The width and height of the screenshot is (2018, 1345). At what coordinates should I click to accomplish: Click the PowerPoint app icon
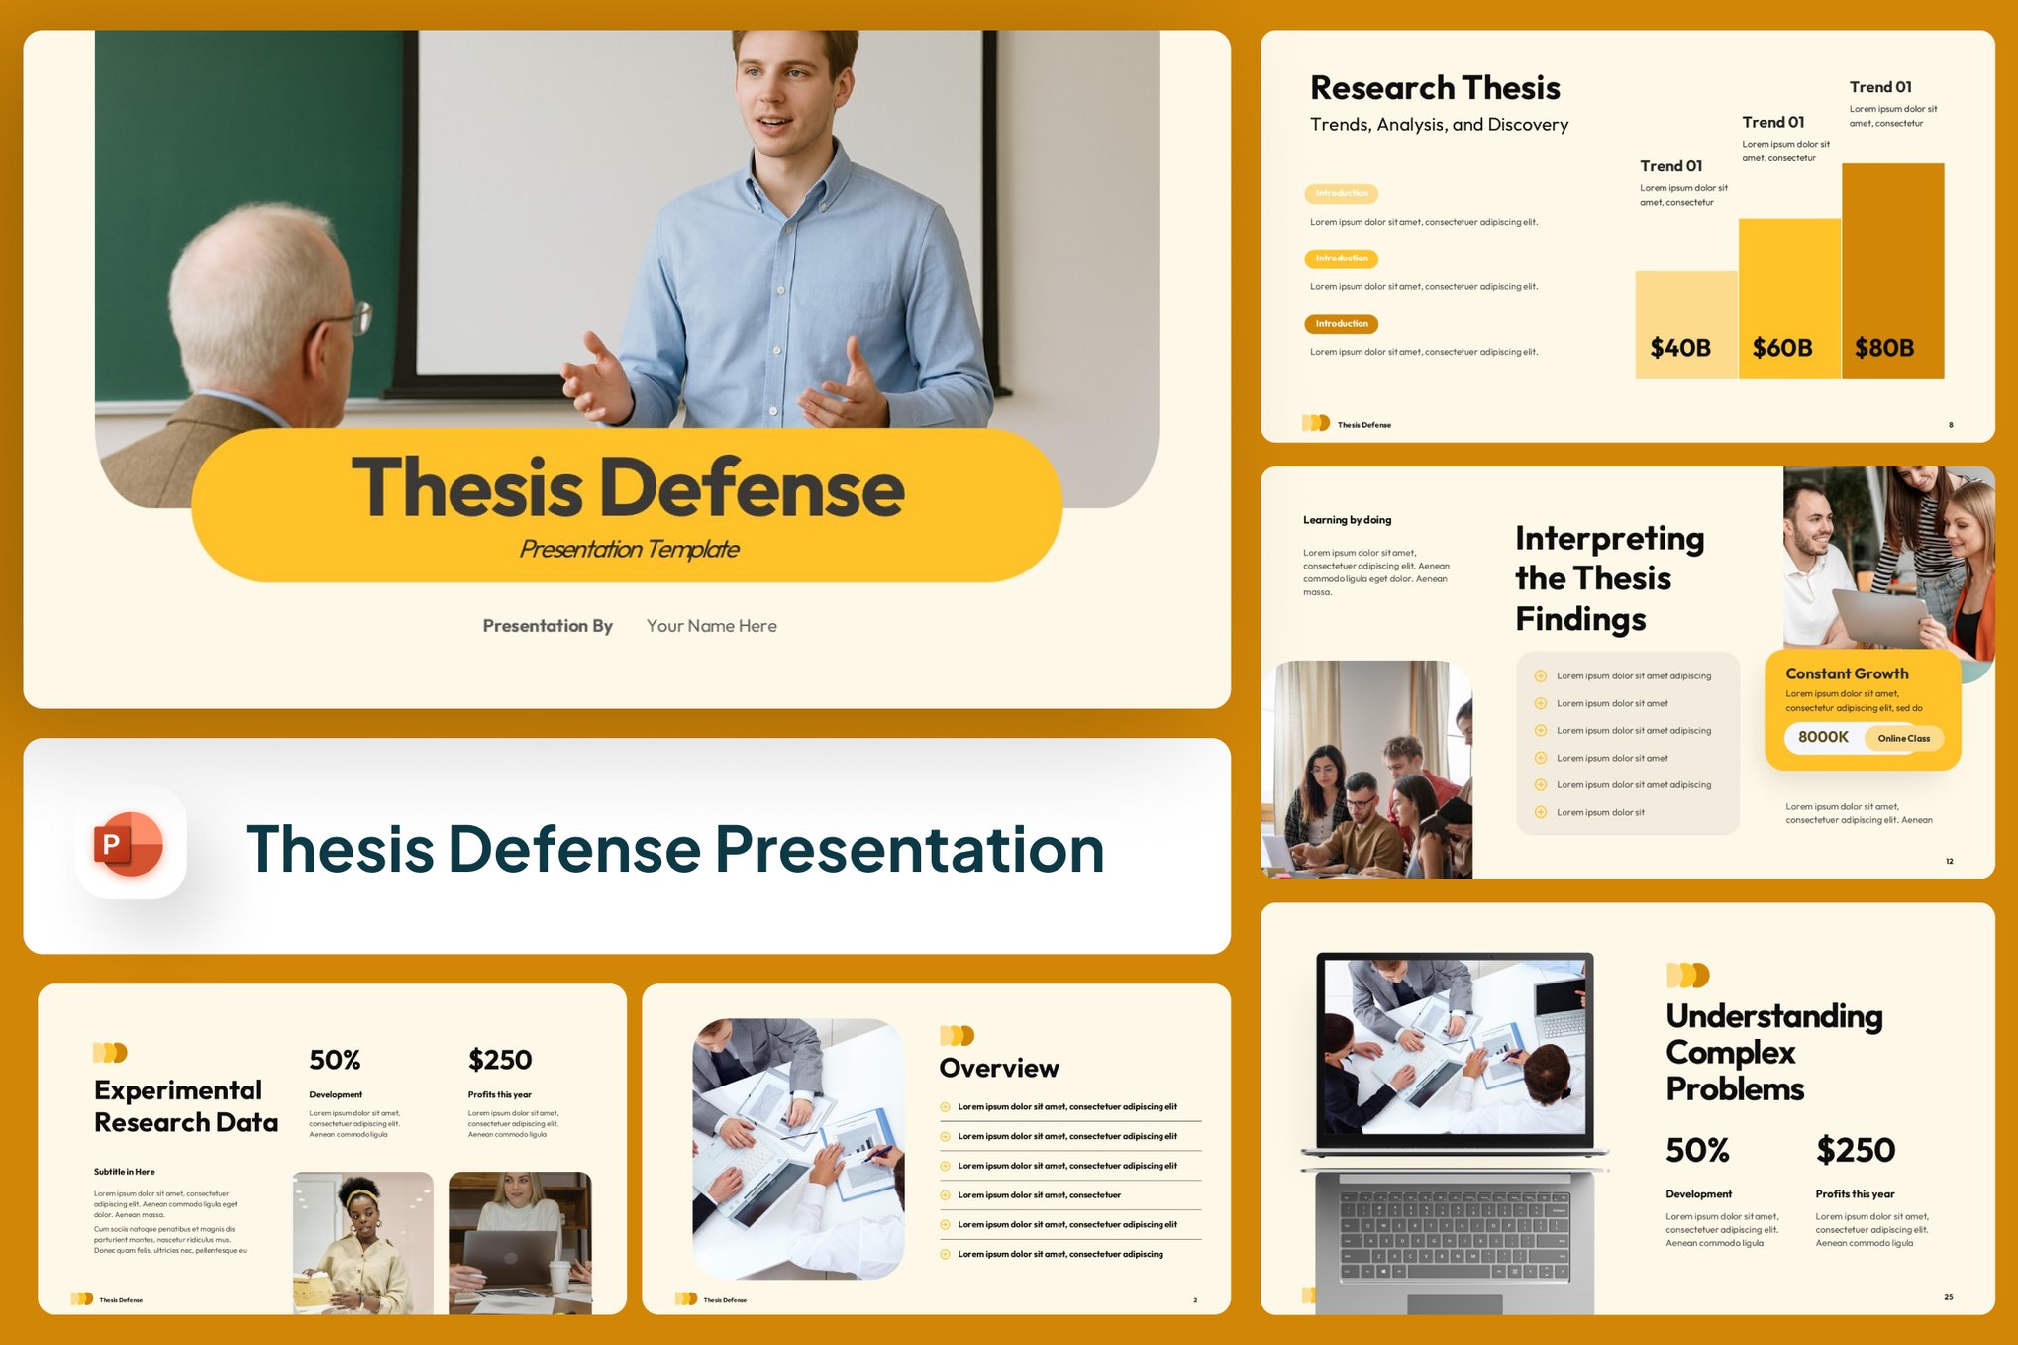[x=130, y=843]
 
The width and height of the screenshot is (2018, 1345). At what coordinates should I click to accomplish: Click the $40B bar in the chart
[x=1685, y=325]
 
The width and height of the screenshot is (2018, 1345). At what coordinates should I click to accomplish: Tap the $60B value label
[x=1781, y=348]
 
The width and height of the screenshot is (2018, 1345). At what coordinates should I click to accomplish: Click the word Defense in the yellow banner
[x=753, y=488]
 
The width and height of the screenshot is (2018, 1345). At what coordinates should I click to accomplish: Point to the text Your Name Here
[x=711, y=626]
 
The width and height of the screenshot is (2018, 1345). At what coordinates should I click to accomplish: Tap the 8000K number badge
[x=1822, y=737]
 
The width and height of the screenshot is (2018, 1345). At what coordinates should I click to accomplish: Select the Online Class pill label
[x=1903, y=738]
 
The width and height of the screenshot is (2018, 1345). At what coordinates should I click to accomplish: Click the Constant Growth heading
[x=1847, y=673]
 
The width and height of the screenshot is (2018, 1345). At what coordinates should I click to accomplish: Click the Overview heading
[x=998, y=1068]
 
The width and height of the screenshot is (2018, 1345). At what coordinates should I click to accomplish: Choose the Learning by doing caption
[x=1347, y=520]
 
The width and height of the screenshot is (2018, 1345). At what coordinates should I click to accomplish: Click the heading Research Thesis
[x=1434, y=88]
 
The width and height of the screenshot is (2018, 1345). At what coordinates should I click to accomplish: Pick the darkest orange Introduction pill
[x=1341, y=324]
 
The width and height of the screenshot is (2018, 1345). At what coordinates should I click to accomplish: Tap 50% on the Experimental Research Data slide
[x=335, y=1060]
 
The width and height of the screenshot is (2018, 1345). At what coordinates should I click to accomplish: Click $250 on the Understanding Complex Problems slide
[x=1855, y=1150]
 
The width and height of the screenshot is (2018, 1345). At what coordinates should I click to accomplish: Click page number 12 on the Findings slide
[x=1949, y=861]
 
